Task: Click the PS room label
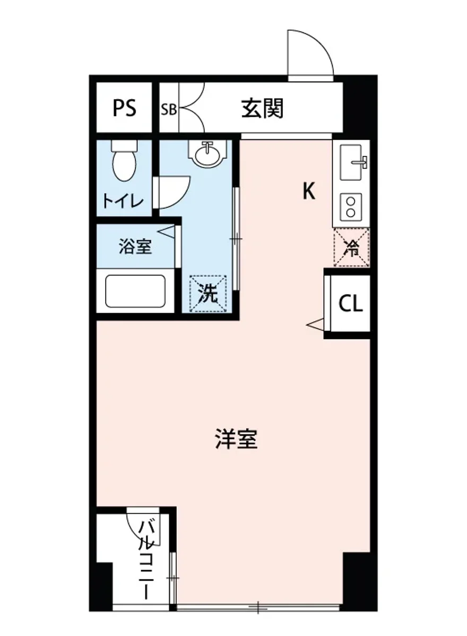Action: (124, 108)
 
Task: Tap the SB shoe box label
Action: (169, 110)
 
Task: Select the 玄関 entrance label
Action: (263, 109)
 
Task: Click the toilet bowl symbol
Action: (124, 161)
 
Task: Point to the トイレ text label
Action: (123, 201)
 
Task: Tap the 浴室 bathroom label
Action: (135, 246)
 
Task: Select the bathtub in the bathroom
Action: (135, 290)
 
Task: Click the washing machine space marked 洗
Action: (208, 293)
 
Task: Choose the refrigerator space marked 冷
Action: (351, 247)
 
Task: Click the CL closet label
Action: (351, 304)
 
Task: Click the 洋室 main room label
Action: (237, 439)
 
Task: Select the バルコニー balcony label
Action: (146, 560)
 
